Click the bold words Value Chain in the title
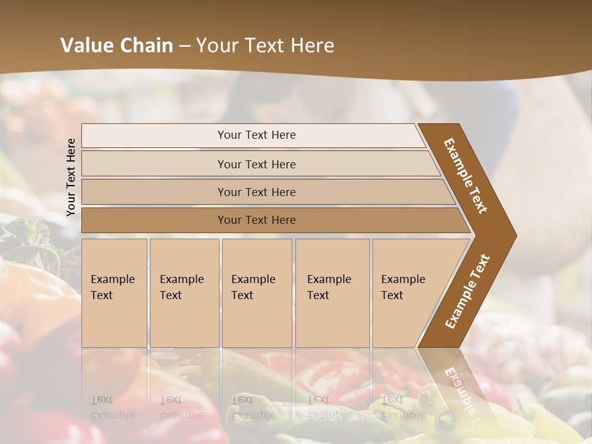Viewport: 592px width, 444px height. tap(117, 45)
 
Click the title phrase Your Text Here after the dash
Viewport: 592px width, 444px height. tap(265, 45)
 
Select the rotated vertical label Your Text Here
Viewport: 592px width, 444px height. tap(71, 177)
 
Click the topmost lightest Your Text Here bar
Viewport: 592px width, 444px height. tap(256, 135)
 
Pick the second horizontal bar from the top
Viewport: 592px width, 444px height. tap(256, 164)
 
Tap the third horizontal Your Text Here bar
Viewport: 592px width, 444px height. tap(256, 192)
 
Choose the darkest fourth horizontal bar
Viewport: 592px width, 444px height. tap(256, 220)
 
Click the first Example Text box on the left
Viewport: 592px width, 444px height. tap(114, 293)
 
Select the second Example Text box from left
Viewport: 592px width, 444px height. tap(184, 293)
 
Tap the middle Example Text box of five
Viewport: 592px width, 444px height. tap(257, 293)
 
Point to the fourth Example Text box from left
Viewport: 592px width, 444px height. tap(332, 293)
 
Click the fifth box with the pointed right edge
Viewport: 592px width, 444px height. tap(407, 293)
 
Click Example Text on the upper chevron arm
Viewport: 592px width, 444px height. tap(466, 176)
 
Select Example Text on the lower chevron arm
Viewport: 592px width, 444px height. tap(467, 292)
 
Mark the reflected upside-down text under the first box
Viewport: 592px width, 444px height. tap(112, 408)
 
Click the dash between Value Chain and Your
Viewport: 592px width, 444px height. tap(184, 45)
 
